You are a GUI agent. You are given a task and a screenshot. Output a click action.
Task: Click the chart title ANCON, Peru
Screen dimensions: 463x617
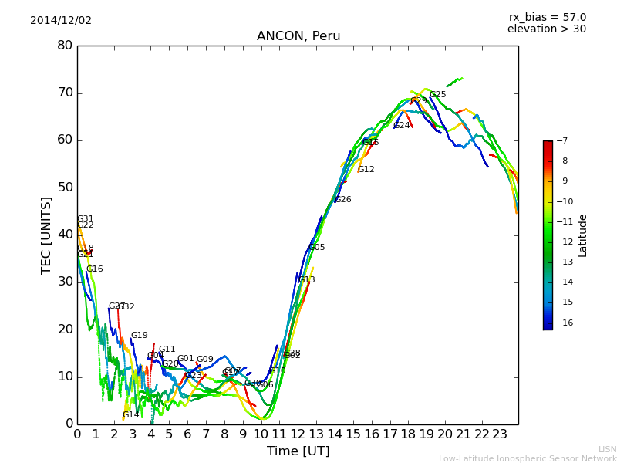pos(298,36)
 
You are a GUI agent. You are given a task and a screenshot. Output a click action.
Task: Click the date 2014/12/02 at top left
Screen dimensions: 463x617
pos(61,20)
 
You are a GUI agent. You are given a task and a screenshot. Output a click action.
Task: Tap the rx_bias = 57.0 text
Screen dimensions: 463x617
pos(547,17)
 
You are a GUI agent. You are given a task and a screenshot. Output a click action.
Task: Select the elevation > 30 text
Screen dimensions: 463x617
pos(546,29)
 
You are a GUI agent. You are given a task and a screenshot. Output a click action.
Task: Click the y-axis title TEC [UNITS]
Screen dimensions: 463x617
pos(47,235)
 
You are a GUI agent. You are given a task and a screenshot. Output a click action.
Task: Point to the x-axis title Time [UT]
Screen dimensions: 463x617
pos(298,451)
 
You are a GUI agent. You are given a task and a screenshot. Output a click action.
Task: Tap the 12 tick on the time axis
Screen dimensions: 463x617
pos(298,434)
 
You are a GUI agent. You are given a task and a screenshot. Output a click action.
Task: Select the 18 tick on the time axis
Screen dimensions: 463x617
pos(408,434)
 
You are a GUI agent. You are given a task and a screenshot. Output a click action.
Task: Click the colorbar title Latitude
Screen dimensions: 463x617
pos(583,235)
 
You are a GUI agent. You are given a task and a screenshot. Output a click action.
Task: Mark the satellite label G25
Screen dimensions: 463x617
pos(437,94)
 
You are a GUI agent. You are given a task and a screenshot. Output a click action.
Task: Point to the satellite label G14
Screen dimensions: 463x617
pos(131,414)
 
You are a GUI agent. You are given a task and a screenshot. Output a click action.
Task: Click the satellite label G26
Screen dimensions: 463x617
pos(342,199)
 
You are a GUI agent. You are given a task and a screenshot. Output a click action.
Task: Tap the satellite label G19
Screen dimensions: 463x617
pos(139,335)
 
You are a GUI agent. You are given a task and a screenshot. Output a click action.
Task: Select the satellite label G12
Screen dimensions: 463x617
pos(366,169)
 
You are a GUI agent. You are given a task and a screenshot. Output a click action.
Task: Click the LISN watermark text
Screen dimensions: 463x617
pos(607,449)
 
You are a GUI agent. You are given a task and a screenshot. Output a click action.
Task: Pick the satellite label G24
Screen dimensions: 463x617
pos(402,125)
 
